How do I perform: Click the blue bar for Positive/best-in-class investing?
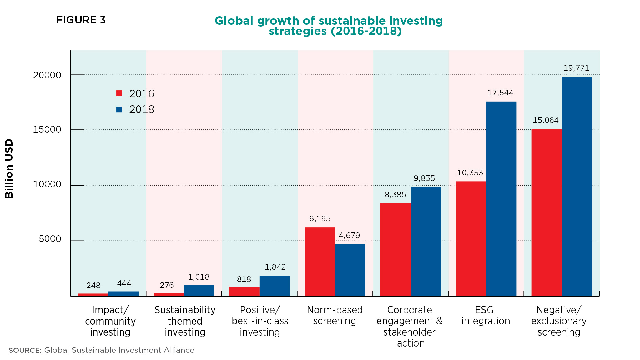click(274, 286)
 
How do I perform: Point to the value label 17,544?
click(500, 93)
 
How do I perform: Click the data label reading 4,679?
click(349, 235)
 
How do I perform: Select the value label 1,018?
click(199, 277)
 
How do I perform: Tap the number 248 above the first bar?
click(93, 285)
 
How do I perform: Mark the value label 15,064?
click(545, 120)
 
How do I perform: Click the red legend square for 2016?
click(119, 93)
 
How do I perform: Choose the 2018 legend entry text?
click(142, 109)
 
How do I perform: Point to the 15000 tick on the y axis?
click(47, 130)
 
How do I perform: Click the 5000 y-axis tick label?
click(50, 239)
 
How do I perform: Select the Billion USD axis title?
click(9, 169)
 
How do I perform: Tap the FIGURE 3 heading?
click(81, 20)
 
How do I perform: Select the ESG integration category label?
click(485, 315)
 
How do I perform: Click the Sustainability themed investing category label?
click(185, 321)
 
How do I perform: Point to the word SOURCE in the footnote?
click(25, 350)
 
